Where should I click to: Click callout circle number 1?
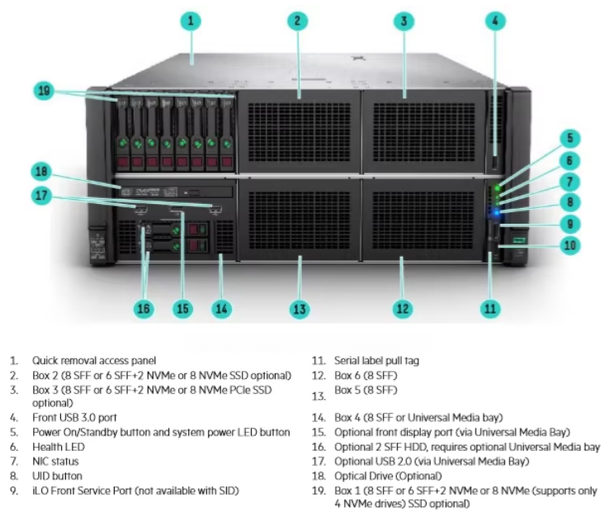[191, 21]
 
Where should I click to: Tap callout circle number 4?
[494, 21]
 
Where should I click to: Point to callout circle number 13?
[300, 309]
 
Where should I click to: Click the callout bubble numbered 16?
[144, 309]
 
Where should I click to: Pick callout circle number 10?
[570, 245]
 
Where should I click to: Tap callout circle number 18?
[43, 172]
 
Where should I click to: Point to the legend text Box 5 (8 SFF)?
[366, 389]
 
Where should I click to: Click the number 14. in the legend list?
[317, 418]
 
